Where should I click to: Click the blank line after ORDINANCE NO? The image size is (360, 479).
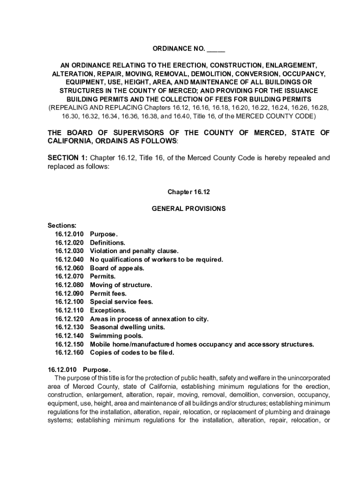(216, 49)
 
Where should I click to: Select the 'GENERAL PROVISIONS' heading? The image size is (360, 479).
(188, 209)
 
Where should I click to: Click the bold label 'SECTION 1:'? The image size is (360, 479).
(68, 158)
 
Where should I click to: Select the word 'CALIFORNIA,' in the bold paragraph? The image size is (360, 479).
(70, 141)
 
